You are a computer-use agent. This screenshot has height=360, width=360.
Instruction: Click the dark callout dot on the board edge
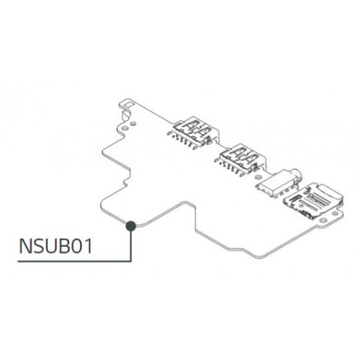(131, 226)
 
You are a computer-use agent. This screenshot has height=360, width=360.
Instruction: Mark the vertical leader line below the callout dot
(131, 245)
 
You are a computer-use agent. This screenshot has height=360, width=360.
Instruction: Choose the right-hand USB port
(240, 153)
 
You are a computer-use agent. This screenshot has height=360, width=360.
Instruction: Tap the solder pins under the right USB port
(230, 165)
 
